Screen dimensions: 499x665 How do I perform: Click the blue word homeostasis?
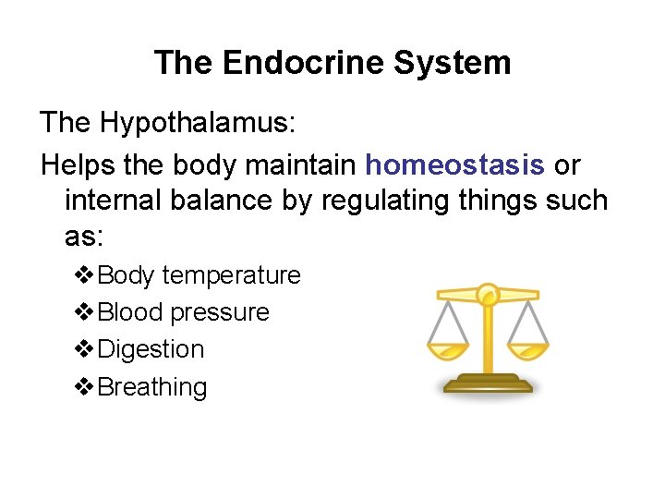(455, 164)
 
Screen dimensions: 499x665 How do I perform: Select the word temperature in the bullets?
(231, 275)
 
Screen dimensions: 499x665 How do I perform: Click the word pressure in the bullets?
(220, 312)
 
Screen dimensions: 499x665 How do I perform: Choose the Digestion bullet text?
(151, 349)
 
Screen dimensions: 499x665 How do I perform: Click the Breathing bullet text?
(152, 386)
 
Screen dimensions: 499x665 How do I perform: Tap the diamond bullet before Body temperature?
(83, 275)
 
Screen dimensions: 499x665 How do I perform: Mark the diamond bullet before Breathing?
(83, 386)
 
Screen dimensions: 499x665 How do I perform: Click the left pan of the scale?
(447, 350)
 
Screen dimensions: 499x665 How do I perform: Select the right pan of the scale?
(528, 350)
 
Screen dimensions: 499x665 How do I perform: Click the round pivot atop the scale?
(488, 295)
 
